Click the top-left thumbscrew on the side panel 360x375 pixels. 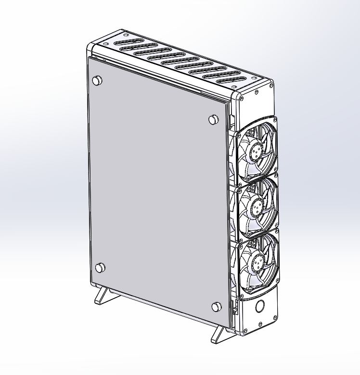coord(97,80)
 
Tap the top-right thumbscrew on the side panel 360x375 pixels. coord(213,120)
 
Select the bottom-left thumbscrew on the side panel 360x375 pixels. coord(100,268)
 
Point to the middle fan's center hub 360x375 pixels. coord(255,207)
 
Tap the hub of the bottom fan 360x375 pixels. coord(255,262)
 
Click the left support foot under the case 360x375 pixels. coord(104,295)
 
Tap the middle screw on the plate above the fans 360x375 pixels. coord(256,91)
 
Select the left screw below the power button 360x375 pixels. coord(245,330)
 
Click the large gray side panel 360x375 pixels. coord(154,192)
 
